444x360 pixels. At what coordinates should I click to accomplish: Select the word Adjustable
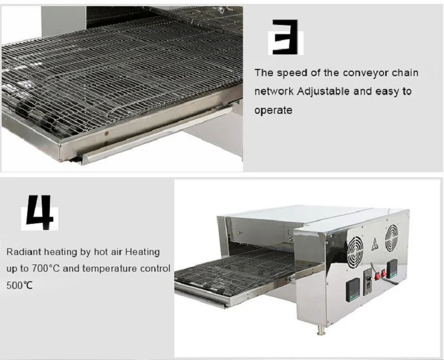324,91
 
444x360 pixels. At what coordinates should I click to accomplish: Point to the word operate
273,110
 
